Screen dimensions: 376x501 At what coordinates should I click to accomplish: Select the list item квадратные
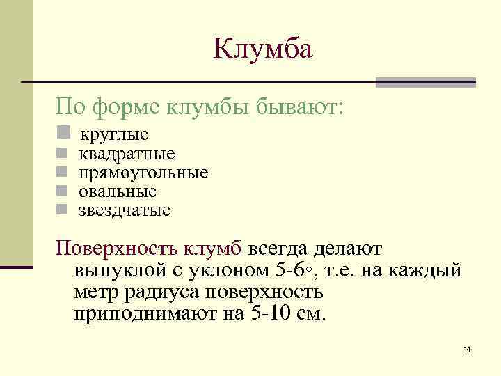click(127, 153)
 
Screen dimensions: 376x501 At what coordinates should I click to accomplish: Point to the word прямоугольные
click(143, 172)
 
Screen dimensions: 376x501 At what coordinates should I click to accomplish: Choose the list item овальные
click(118, 191)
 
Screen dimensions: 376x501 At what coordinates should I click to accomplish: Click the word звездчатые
click(125, 210)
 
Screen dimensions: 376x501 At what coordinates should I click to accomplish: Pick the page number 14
click(467, 348)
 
